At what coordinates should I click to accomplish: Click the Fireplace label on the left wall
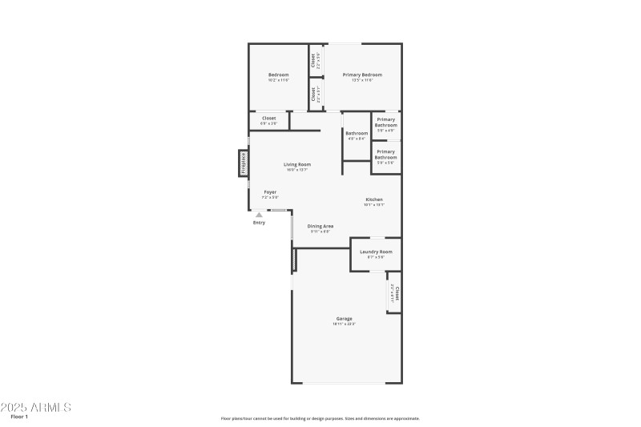[244, 163]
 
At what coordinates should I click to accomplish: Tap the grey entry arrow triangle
[259, 215]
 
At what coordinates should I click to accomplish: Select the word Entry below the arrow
[259, 223]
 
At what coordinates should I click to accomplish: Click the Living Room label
[297, 164]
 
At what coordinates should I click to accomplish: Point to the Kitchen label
[374, 199]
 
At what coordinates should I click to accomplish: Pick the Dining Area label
[320, 227]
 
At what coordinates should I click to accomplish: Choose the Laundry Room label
[376, 252]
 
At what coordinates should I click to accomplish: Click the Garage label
[345, 319]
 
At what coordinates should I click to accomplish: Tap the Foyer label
[270, 192]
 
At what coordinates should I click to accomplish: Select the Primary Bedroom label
[362, 75]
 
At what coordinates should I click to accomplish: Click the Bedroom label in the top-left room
[278, 75]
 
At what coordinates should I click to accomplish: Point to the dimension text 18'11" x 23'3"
[345, 324]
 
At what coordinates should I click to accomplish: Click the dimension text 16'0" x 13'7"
[297, 170]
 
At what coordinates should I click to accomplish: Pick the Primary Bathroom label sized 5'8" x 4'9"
[386, 123]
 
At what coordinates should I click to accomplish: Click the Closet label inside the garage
[397, 292]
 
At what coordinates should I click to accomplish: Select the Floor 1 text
[19, 417]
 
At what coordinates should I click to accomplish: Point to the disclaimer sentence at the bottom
[320, 418]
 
